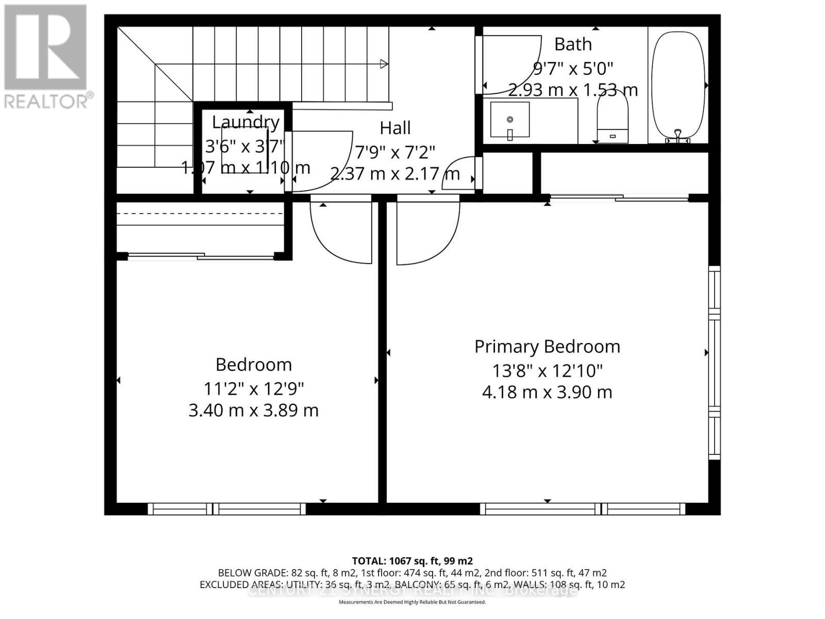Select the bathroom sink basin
[509, 120]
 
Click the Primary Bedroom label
[547, 347]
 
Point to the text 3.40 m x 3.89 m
[253, 411]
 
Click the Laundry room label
[246, 122]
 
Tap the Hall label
[395, 128]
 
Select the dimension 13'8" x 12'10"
[547, 370]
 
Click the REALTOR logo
[46, 57]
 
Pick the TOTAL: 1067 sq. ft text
[412, 561]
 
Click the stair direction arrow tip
[384, 64]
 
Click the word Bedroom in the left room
[253, 365]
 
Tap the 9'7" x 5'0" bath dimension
[572, 68]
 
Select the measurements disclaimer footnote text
[412, 601]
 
